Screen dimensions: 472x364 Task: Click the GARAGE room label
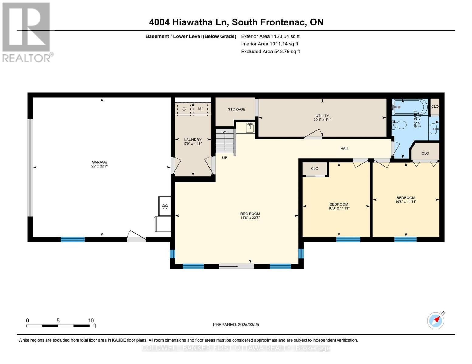(x=99, y=162)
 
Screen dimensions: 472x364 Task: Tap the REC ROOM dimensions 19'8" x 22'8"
(x=250, y=218)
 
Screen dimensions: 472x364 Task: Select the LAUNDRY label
(x=193, y=140)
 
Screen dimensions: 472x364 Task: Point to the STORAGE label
(x=236, y=109)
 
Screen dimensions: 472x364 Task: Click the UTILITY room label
(x=322, y=116)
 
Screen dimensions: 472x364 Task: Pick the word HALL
(x=345, y=149)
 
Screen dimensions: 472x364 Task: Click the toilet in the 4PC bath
(x=399, y=125)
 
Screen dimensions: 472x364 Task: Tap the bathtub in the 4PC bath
(x=410, y=107)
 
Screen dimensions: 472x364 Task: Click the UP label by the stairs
(x=225, y=158)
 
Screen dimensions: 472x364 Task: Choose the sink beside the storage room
(x=250, y=127)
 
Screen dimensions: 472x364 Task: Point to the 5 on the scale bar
(x=58, y=320)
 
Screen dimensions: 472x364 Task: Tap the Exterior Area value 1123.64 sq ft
(x=285, y=36)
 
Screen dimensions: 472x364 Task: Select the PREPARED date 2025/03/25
(x=249, y=325)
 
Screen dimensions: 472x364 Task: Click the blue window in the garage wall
(x=73, y=239)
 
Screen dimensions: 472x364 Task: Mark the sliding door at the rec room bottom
(x=236, y=266)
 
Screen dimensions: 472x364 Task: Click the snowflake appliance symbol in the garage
(x=165, y=206)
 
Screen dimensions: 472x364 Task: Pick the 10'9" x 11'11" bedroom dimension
(x=339, y=208)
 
